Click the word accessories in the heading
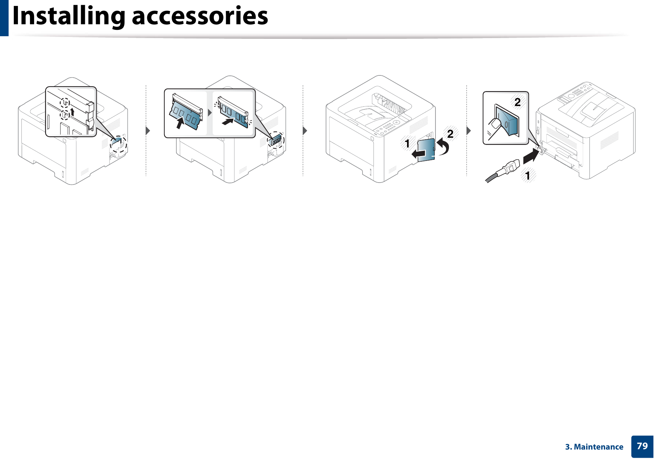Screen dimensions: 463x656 [200, 16]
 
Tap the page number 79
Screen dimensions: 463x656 [642, 446]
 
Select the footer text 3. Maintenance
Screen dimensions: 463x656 [594, 447]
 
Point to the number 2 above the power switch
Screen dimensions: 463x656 [517, 102]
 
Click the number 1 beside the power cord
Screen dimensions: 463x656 [527, 175]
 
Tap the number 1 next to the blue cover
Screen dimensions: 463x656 [407, 143]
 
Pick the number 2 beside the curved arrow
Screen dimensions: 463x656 [450, 134]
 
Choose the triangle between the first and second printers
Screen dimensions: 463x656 [148, 131]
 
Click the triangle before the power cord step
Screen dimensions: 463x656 [468, 131]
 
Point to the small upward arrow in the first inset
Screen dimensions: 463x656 [72, 111]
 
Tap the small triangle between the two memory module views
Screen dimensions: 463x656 [210, 112]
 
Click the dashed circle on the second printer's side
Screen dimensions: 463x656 [276, 140]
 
